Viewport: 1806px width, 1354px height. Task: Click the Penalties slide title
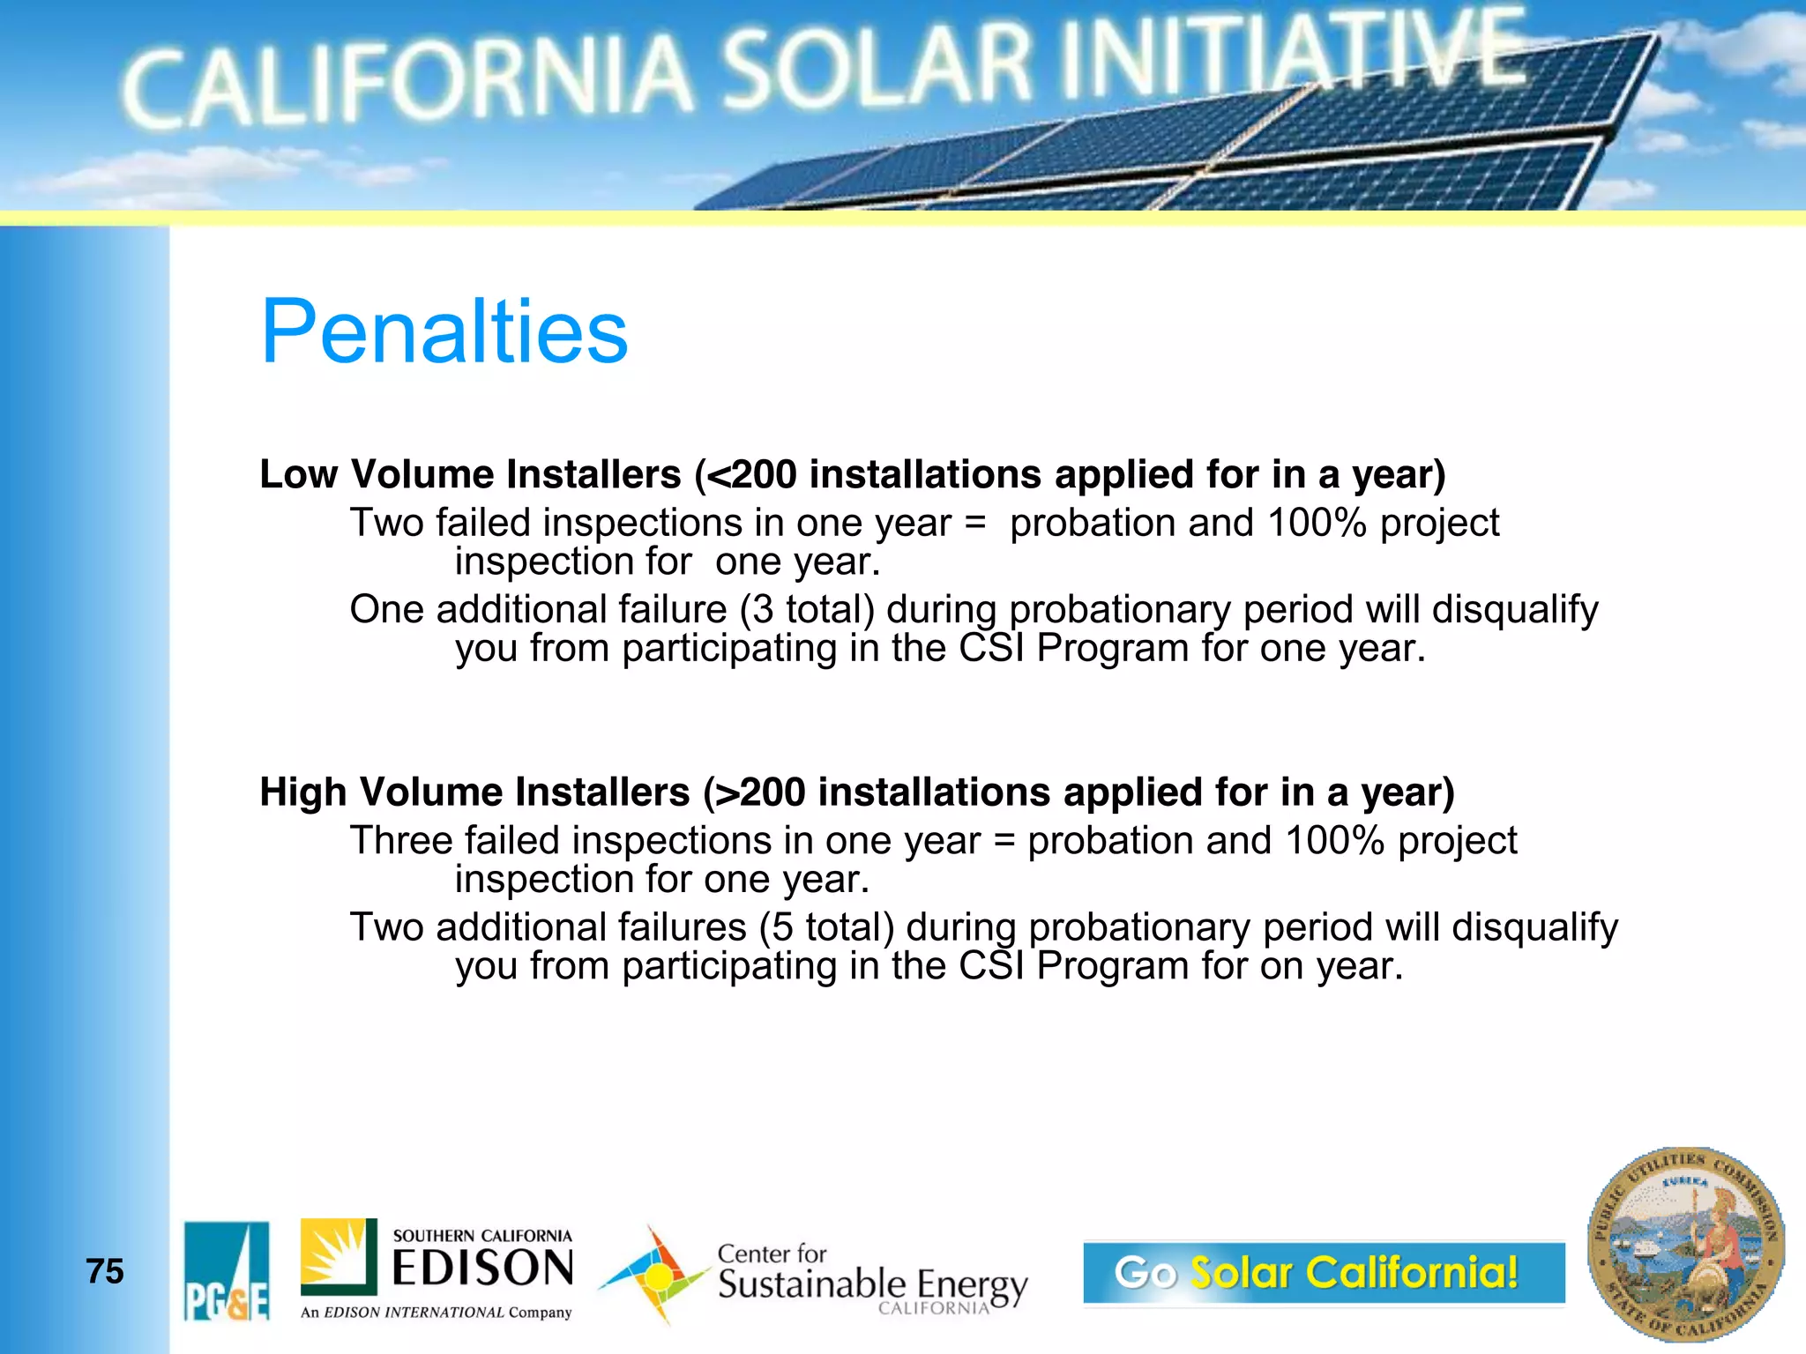click(444, 332)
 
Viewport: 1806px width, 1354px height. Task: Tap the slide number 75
click(105, 1271)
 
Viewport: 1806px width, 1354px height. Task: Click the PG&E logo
click(227, 1270)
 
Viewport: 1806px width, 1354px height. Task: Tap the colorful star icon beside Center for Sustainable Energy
click(654, 1275)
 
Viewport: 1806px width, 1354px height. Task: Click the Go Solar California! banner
click(1323, 1272)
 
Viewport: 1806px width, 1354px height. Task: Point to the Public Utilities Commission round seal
click(1685, 1245)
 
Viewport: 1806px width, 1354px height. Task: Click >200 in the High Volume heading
click(761, 792)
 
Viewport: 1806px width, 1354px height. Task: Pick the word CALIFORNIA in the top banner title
click(406, 84)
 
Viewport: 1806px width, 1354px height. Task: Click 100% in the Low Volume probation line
click(1317, 524)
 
